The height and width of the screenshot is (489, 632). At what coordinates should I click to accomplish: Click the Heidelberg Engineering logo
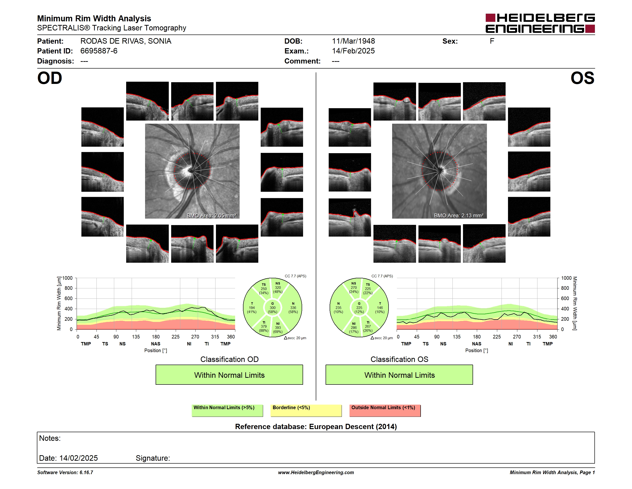pos(540,23)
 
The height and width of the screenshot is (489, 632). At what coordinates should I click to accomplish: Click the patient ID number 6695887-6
pos(99,51)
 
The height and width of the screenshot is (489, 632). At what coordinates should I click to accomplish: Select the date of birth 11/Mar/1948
pos(353,41)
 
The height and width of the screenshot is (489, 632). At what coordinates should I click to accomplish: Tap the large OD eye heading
pos(50,78)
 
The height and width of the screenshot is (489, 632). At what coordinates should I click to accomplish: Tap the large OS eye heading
pos(582,78)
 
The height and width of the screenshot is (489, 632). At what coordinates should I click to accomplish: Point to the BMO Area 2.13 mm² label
pos(458,215)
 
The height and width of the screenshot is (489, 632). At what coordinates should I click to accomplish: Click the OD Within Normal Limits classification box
pos(229,375)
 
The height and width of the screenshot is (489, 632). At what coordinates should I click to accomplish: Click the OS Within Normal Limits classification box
pos(399,375)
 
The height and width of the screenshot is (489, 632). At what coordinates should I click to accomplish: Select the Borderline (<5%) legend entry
pos(306,410)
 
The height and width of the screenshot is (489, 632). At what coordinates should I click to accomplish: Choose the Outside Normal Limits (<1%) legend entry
pos(385,410)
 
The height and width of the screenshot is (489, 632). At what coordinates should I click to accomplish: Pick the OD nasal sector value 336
pos(293,308)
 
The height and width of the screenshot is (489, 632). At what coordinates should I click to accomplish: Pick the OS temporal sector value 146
pos(380,308)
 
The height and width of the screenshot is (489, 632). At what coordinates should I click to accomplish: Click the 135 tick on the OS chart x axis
pos(457,337)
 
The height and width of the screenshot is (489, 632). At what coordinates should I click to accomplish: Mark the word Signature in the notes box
pos(153,458)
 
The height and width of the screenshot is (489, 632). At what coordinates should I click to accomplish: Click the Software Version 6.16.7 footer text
pos(65,472)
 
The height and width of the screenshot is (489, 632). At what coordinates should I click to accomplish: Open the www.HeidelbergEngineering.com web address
pos(316,472)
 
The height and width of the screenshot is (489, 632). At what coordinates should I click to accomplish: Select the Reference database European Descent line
pos(316,426)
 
